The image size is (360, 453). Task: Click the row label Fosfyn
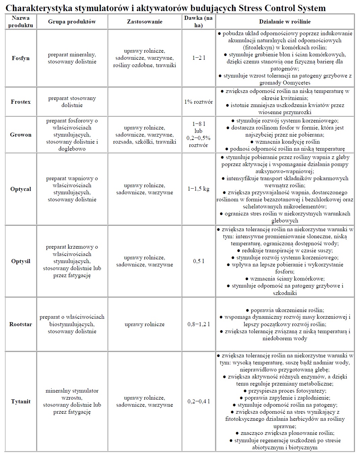pos(21,58)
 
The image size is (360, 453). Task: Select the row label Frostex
pos(21,102)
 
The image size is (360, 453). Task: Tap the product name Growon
pos(21,135)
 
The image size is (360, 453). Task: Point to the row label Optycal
pos(21,189)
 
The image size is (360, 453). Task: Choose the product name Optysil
pos(21,261)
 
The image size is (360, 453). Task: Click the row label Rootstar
pos(21,324)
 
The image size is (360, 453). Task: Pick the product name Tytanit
pos(21,401)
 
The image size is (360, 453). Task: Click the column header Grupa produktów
pos(72,21)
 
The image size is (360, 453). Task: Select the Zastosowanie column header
pos(145,21)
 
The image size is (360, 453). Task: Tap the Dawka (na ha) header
pos(198,21)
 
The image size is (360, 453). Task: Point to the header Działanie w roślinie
pos(285,21)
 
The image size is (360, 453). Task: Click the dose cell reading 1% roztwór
pos(198,102)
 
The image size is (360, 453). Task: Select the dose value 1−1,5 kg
pos(198,189)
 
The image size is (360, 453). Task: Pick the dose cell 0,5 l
pos(198,261)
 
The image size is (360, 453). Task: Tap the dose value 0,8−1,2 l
pos(198,324)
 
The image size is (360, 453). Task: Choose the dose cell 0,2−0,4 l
pos(198,401)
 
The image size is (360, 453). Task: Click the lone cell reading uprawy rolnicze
pos(145,324)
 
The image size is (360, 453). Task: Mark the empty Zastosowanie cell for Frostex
pos(145,102)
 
